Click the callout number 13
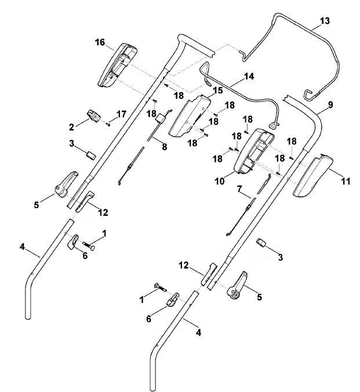tap(325, 21)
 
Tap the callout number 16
tap(100, 42)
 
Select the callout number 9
tap(330, 105)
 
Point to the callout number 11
tap(346, 182)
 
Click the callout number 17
tap(121, 114)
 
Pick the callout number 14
tap(249, 76)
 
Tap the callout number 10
tap(220, 182)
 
